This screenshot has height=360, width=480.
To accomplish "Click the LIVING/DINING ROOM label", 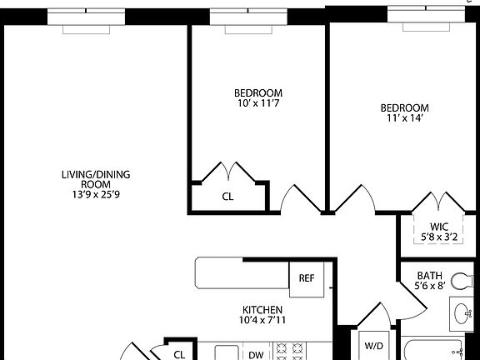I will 96,180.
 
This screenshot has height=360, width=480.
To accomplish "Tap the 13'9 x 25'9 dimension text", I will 96,195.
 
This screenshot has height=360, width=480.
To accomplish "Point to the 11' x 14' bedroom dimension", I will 404,118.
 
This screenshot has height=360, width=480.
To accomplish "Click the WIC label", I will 440,227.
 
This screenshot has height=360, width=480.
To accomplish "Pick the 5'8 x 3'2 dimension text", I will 440,237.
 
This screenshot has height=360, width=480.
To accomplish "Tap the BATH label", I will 430,275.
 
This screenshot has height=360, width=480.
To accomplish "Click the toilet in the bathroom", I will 461,281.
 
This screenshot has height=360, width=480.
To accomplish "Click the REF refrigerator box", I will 306,277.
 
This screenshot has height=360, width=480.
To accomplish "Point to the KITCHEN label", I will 262,308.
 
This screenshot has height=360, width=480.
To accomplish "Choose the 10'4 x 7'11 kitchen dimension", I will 262,319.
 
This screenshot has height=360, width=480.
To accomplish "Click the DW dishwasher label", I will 256,354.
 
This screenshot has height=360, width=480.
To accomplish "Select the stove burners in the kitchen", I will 294,351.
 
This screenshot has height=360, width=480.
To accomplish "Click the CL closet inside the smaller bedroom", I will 227,197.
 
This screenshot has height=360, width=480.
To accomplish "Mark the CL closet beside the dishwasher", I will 179,353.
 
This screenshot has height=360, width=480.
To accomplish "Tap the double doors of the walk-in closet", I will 440,205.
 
